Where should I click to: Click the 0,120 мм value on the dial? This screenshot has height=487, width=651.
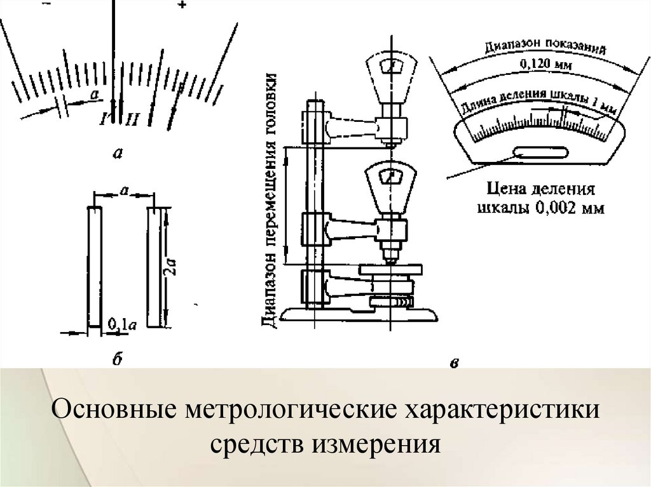[x=536, y=64]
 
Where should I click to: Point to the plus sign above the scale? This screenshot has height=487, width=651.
[x=182, y=6]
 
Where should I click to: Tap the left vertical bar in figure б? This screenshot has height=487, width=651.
[x=93, y=266]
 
